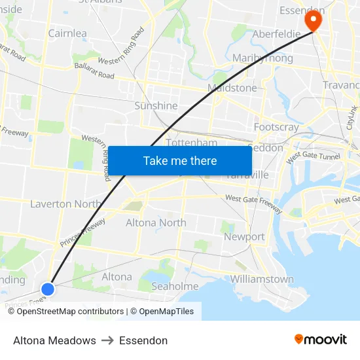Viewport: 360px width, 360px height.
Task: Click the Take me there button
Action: coord(180,160)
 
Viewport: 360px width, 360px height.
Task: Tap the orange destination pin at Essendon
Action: coord(314,20)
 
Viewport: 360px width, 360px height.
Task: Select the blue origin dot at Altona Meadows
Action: coord(47,289)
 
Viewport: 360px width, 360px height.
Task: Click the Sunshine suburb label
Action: coord(156,105)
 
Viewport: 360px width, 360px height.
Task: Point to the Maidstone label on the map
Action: coord(232,88)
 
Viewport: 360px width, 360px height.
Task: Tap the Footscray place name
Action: coord(276,128)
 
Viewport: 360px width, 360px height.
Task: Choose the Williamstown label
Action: coord(262,279)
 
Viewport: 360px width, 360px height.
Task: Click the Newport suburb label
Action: coord(244,237)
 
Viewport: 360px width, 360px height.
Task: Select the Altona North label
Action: coord(156,223)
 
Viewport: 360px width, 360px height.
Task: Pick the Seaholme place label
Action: coord(175,286)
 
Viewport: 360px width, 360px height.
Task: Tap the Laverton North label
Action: coord(65,204)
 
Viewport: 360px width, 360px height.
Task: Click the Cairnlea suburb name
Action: coord(67,33)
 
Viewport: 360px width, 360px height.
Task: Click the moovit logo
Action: coord(320,340)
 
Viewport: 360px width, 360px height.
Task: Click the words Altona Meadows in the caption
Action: coord(54,340)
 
